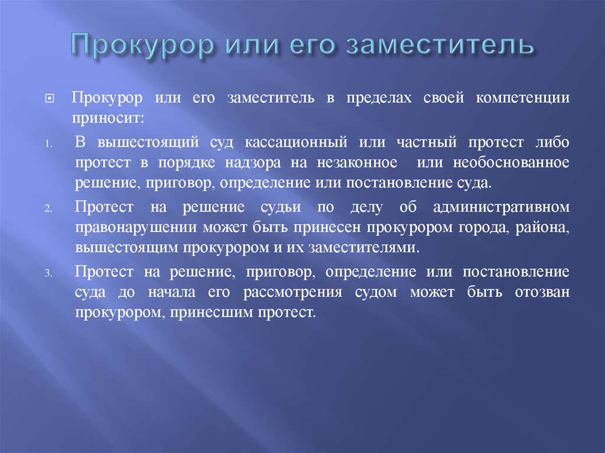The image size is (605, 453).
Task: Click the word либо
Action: tap(552, 144)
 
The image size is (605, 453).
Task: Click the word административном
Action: tap(501, 208)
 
